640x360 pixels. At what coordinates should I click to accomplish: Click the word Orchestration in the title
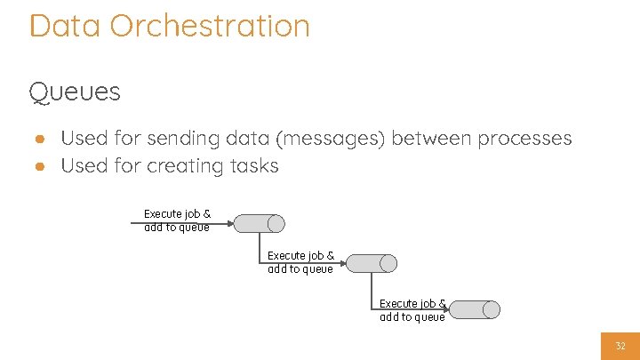tap(210, 25)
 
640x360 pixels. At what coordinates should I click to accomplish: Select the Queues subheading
tap(75, 92)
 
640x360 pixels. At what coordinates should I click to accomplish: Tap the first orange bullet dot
tap(40, 139)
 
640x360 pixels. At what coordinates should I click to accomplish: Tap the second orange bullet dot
tap(40, 166)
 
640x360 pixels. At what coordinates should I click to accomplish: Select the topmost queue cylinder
tap(260, 223)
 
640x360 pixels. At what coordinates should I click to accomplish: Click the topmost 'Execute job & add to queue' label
tap(177, 220)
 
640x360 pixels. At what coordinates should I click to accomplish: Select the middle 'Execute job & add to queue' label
tap(300, 262)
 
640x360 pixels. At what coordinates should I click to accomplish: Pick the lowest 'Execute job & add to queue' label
tap(412, 310)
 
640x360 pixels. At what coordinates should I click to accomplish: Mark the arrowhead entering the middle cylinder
tap(342, 263)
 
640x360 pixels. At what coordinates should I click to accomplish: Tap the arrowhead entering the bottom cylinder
tap(445, 309)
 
